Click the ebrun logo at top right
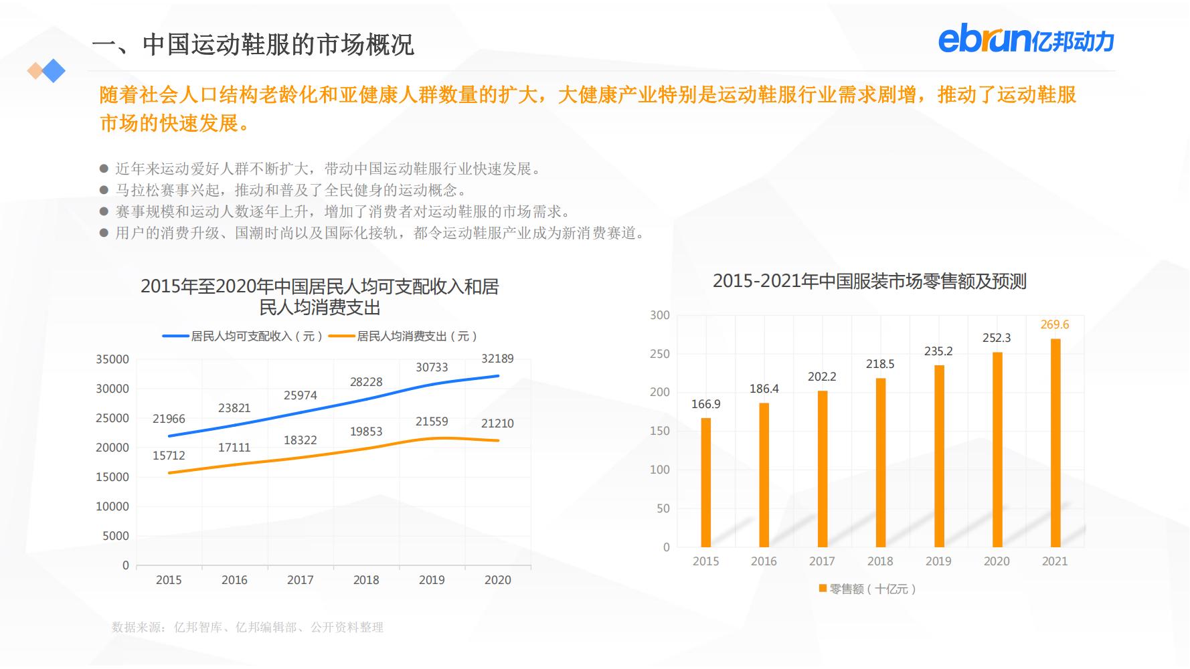pyautogui.click(x=1025, y=41)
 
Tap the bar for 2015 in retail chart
pyautogui.click(x=705, y=482)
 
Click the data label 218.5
pyautogui.click(x=880, y=364)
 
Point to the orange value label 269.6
pyautogui.click(x=1055, y=324)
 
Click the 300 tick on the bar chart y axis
pyautogui.click(x=659, y=315)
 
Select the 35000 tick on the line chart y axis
pyautogui.click(x=112, y=359)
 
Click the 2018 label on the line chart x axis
pyautogui.click(x=366, y=580)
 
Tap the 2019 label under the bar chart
pyautogui.click(x=938, y=561)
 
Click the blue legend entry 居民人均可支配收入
pyautogui.click(x=244, y=336)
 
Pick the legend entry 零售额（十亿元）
pyautogui.click(x=867, y=589)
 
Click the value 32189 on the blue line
pyautogui.click(x=497, y=359)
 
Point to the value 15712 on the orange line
pyautogui.click(x=169, y=456)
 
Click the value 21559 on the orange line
pyautogui.click(x=432, y=421)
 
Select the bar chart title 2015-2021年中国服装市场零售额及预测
pyautogui.click(x=869, y=281)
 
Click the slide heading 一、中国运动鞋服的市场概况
pyautogui.click(x=253, y=45)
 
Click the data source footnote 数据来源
pyautogui.click(x=248, y=627)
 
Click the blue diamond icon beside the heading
pyautogui.click(x=54, y=70)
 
